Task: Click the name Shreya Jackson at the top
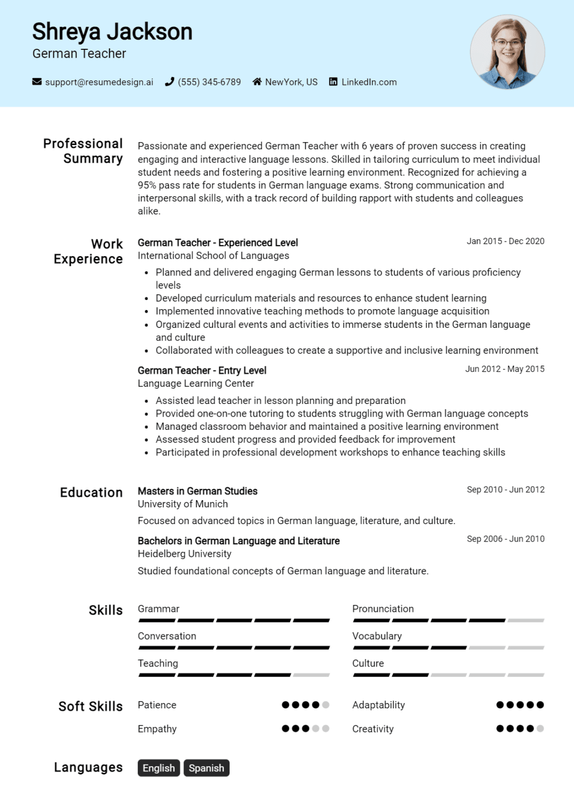point(112,31)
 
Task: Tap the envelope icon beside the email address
point(37,82)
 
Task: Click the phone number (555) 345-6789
point(209,82)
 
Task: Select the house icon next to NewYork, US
point(257,82)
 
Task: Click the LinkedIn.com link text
point(369,82)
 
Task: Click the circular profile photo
point(507,52)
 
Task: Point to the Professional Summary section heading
point(83,151)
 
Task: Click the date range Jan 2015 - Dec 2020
point(505,241)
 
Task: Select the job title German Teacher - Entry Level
point(202,370)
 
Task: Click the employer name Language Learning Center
point(196,384)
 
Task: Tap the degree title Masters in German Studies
point(198,491)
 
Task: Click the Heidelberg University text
point(185,554)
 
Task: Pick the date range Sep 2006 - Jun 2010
point(505,539)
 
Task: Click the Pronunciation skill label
point(383,609)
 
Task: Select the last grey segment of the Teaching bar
point(311,675)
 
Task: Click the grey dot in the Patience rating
point(326,705)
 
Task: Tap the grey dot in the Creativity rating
point(540,728)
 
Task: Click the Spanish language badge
point(207,768)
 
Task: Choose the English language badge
point(159,768)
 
